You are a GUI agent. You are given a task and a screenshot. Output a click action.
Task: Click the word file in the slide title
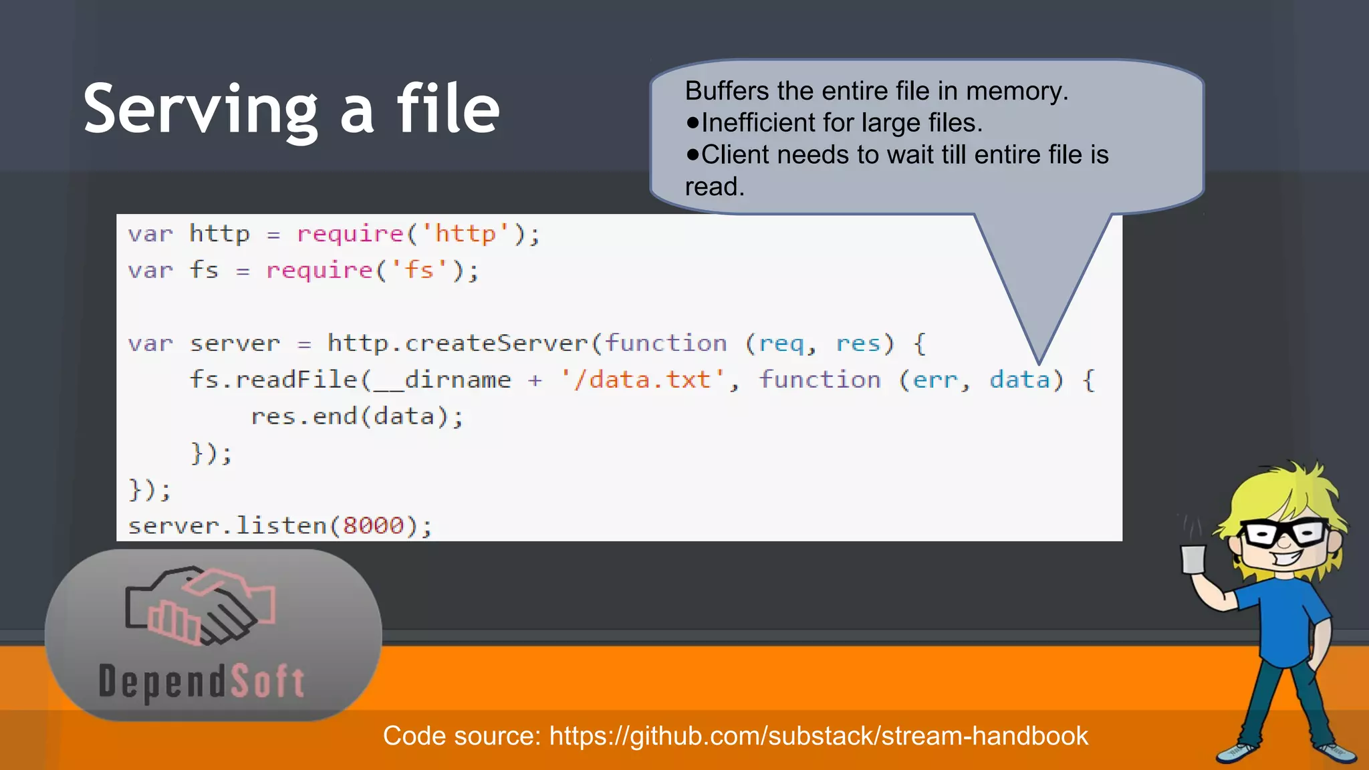point(448,108)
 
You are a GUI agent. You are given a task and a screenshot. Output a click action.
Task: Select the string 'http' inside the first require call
point(465,234)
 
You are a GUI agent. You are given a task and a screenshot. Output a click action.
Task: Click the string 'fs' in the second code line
point(419,270)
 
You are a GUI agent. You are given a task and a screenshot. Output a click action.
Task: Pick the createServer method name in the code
point(495,343)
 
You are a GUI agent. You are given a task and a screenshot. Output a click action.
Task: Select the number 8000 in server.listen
point(374,525)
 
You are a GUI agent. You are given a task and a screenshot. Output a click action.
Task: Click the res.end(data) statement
point(356,416)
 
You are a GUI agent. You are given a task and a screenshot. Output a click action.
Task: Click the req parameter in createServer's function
point(781,343)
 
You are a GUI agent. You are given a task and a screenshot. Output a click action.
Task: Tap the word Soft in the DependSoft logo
point(267,682)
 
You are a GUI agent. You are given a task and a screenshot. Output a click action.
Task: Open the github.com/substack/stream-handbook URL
point(818,736)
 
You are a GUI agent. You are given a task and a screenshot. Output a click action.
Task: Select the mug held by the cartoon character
point(1193,559)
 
